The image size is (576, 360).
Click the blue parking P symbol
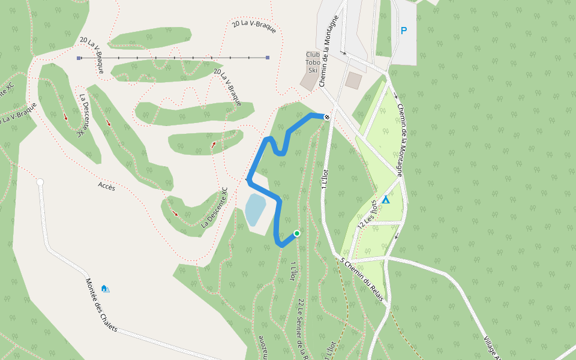pos(404,31)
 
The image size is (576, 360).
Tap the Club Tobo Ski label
pos(312,62)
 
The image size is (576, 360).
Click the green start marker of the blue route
pos(296,233)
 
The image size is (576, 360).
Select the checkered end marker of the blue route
pos(327,117)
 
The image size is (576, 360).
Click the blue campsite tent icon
pos(386,199)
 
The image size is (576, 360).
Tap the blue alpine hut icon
pos(106,289)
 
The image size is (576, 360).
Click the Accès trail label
pos(106,187)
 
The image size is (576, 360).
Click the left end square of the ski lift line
pos(79,58)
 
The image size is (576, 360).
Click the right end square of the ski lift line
pos(268,58)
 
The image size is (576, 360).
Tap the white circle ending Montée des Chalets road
pos(40,182)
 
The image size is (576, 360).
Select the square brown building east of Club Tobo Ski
pos(354,80)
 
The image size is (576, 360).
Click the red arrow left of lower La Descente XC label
pos(175,214)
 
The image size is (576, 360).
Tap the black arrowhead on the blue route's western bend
pos(248,178)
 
